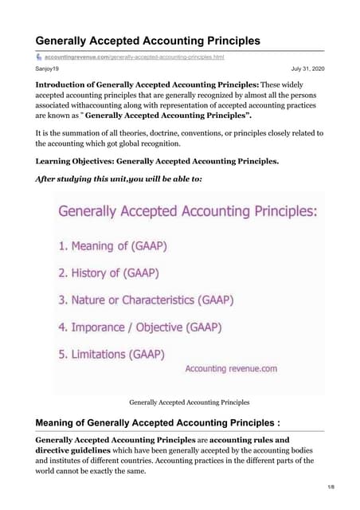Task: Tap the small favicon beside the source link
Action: (x=38, y=57)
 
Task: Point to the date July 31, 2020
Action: (x=307, y=70)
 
